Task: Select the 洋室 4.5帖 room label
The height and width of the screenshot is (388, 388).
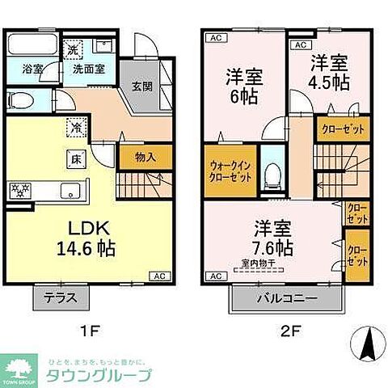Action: pyautogui.click(x=327, y=71)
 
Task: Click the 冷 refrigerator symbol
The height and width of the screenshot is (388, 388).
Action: pyautogui.click(x=73, y=126)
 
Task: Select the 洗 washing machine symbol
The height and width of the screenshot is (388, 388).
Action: pyautogui.click(x=71, y=48)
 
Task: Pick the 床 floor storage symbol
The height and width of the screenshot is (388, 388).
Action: pyautogui.click(x=71, y=158)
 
